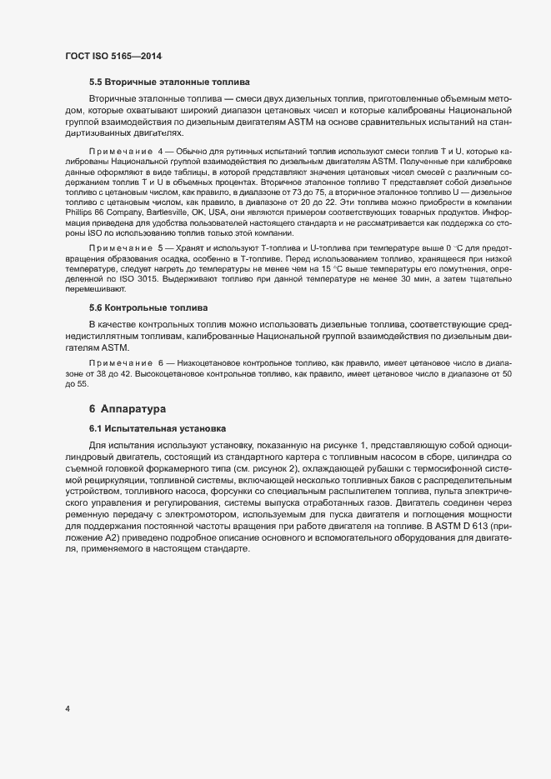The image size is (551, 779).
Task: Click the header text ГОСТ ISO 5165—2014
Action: click(x=113, y=57)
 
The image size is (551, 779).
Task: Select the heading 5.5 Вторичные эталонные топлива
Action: click(x=169, y=82)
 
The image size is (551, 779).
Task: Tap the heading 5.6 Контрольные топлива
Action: click(x=148, y=307)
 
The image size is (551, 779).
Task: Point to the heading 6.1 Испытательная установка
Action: click(x=158, y=428)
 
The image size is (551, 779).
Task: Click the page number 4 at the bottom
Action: click(x=68, y=709)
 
